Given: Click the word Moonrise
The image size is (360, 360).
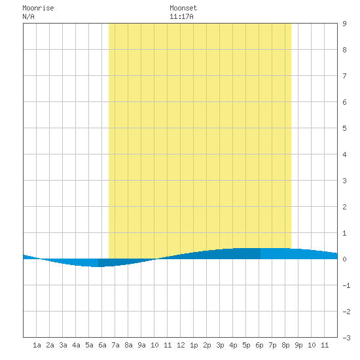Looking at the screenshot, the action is [38, 8].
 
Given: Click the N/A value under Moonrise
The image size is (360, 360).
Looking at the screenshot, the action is [28, 16].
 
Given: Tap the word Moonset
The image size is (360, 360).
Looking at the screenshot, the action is [183, 8].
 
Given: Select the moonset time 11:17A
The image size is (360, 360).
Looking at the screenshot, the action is [181, 16].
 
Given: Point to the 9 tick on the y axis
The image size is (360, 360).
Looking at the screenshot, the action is [344, 24].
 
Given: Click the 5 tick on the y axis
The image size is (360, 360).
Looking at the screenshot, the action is [344, 128].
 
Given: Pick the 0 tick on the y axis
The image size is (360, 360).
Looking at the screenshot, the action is [344, 259].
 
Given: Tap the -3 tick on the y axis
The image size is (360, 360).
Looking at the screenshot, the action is [346, 338].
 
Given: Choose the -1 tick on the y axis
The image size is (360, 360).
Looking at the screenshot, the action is [346, 285].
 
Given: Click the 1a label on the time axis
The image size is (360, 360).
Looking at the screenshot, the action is [37, 345].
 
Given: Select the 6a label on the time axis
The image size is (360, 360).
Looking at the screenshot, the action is [102, 345].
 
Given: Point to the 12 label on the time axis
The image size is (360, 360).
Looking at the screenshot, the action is [181, 345].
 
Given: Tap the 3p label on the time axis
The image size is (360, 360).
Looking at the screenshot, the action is [220, 345].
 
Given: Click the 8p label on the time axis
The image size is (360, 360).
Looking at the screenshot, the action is [285, 345].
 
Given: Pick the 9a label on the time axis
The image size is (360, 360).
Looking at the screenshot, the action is [141, 345].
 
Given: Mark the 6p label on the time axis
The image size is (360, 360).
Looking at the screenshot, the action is [259, 345].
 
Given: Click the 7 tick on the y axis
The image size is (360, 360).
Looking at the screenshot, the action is [344, 76].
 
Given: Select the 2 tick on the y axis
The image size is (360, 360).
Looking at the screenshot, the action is [344, 207].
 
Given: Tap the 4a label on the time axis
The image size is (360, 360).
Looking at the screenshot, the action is [76, 345].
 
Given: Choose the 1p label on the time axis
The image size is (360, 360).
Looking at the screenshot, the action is [194, 345].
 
